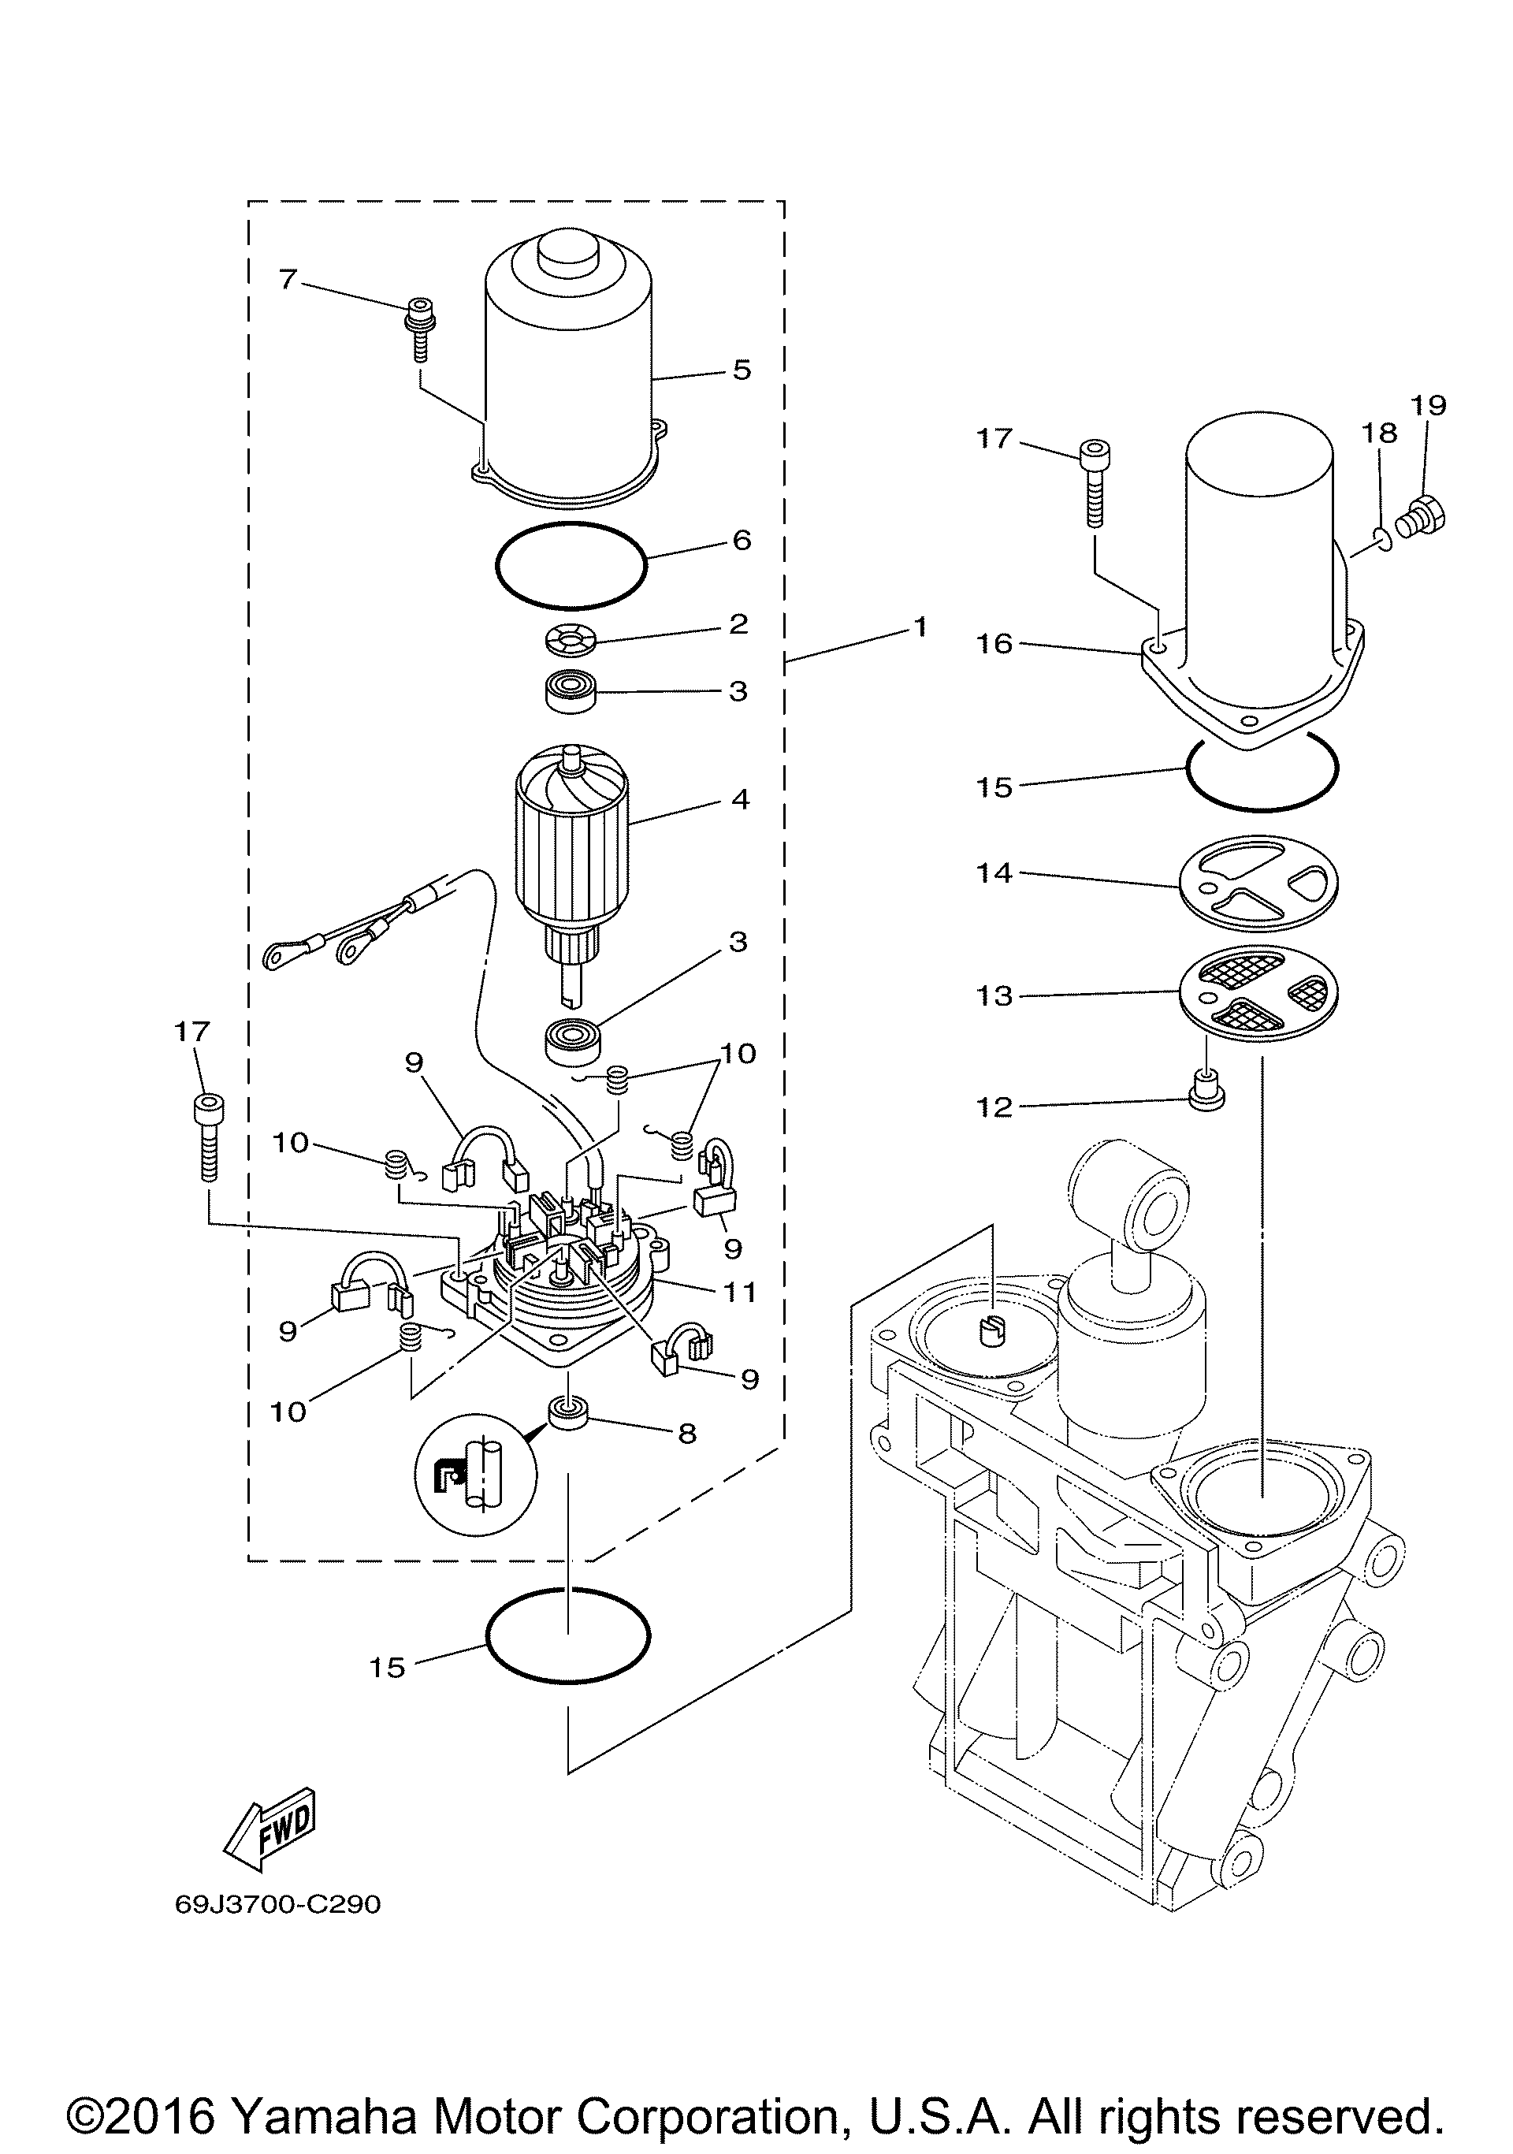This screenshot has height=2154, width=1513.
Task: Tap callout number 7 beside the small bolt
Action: click(287, 279)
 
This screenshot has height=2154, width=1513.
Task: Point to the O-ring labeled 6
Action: click(570, 566)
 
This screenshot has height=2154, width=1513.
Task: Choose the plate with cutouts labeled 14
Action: click(1258, 884)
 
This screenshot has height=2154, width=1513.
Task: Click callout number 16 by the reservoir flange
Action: click(994, 644)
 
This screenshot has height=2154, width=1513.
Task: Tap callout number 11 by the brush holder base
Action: click(739, 1292)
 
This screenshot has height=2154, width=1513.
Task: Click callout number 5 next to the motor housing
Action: click(742, 370)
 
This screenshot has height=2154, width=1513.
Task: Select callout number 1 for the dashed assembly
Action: click(920, 626)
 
